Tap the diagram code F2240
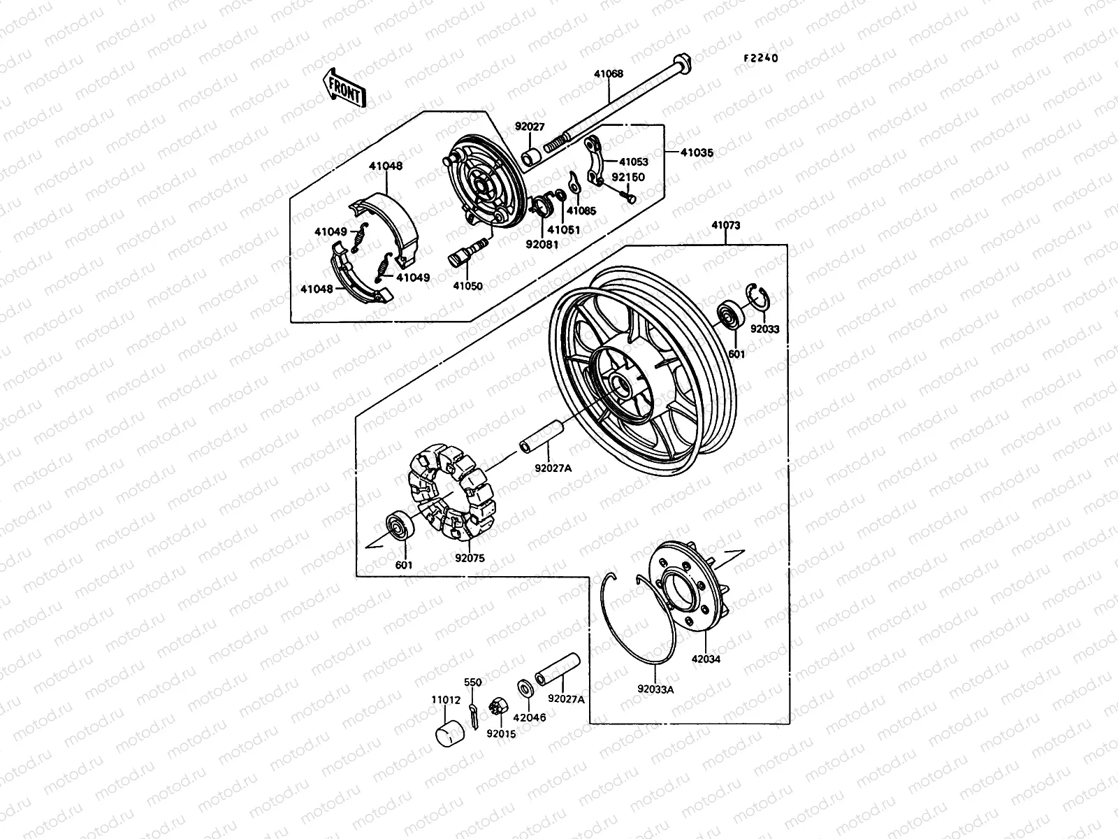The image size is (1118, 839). click(760, 59)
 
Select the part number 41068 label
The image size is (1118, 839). click(609, 73)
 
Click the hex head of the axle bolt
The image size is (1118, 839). click(681, 64)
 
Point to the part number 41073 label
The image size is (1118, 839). click(726, 226)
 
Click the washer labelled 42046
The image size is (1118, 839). click(525, 688)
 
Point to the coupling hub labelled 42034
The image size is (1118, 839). click(688, 584)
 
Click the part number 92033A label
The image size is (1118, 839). click(655, 689)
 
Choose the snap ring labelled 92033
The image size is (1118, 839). click(760, 297)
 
